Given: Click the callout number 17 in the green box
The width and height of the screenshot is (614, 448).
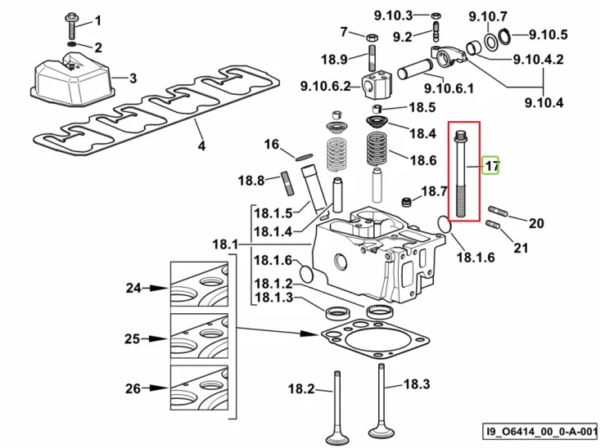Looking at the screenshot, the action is pos(491,166).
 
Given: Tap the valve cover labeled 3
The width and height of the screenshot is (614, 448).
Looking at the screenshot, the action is pos(73,80).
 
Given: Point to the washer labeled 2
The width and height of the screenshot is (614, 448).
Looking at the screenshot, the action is pos(73,43).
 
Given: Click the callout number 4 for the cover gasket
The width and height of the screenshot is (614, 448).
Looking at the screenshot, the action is pos(201,146).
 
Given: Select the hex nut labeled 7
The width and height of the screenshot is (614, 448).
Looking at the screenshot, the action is pos(372,38).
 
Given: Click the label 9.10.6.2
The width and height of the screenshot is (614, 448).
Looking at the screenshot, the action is pos(325,86).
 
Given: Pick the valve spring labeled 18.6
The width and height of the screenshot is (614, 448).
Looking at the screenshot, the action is pos(377,149).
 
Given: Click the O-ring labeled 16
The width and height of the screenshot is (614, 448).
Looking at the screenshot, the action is pos(304,157).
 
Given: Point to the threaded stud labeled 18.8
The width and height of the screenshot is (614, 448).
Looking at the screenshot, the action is pos(289,183).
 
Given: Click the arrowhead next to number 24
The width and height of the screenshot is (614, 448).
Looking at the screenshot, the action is pos(159,288).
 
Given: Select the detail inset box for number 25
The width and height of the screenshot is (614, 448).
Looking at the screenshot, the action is pos(199,336).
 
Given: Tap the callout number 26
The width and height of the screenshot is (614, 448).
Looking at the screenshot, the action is pos(133,388).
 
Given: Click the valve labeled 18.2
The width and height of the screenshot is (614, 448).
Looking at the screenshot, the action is pos(336,406).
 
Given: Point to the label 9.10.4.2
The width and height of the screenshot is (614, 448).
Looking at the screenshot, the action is pos(539,60).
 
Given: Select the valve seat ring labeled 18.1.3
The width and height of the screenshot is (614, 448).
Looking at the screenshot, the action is pos(336,313).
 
